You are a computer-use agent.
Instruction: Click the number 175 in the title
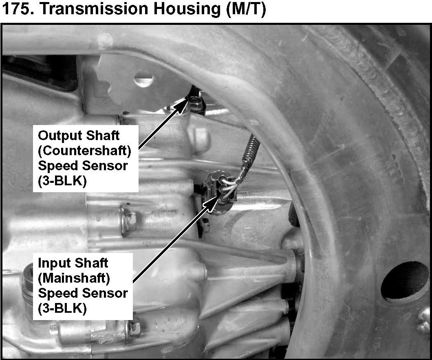point(18,9)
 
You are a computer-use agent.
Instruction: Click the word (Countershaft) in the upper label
point(84,151)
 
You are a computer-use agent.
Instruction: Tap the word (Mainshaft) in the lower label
point(74,278)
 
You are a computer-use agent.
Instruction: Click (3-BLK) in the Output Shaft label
point(62,181)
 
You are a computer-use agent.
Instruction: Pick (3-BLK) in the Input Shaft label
point(62,309)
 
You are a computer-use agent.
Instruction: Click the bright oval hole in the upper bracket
point(143,79)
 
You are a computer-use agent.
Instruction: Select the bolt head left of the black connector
point(130,220)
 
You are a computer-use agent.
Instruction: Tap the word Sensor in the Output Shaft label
point(105,166)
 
